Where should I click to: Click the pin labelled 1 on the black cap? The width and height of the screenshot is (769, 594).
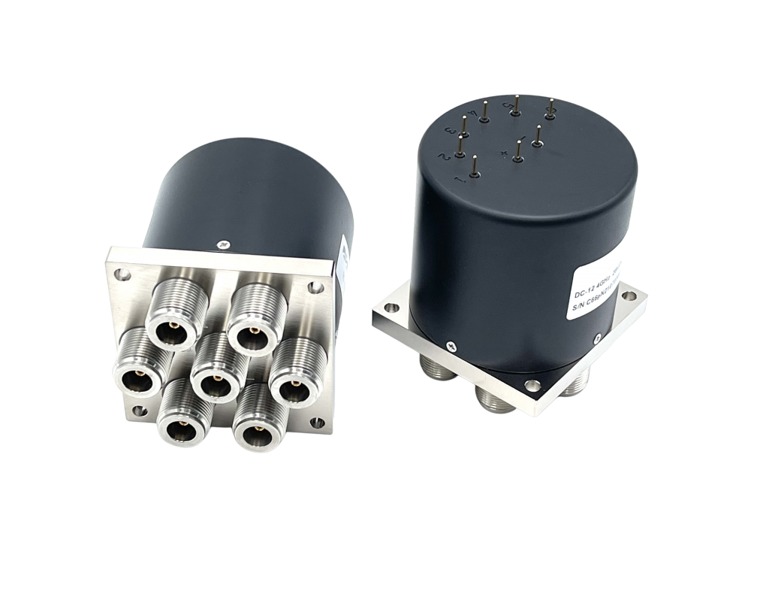[475, 167]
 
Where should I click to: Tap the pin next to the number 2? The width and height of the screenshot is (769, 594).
[453, 145]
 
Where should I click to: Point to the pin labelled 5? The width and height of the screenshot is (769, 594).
[517, 105]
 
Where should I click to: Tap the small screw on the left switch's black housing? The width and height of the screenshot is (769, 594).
[219, 243]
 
